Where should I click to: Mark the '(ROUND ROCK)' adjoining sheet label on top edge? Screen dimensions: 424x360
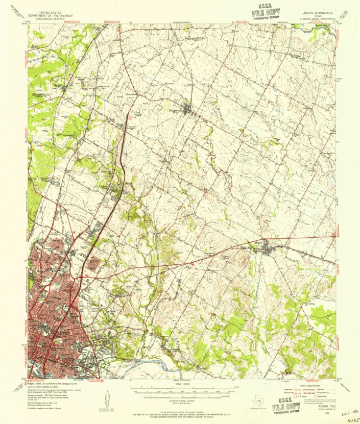(x=180, y=23)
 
